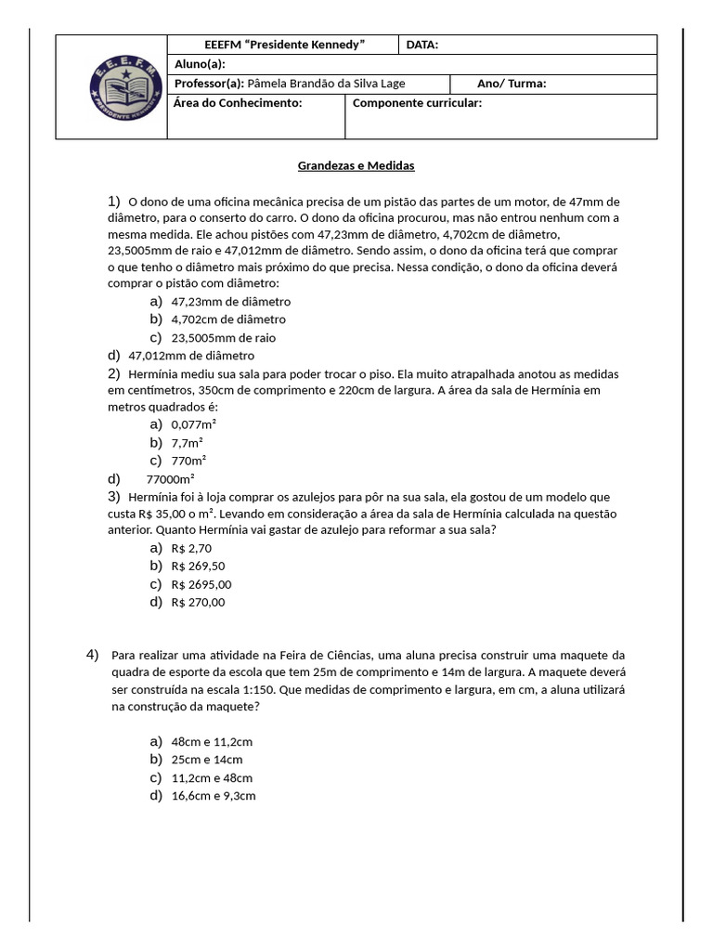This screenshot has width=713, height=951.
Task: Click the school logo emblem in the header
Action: [111, 87]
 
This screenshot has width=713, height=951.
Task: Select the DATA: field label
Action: [422, 45]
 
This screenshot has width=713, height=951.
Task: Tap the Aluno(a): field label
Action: [200, 64]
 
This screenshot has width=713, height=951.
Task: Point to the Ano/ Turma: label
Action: [512, 84]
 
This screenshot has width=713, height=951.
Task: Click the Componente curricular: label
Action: [417, 103]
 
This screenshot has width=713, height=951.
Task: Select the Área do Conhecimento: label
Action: [239, 103]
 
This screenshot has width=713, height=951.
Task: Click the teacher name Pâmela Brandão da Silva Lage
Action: [327, 84]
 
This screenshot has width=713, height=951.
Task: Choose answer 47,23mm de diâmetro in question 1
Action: [230, 302]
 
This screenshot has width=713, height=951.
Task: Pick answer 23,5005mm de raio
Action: [223, 338]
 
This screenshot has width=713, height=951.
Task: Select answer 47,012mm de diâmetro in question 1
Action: [191, 356]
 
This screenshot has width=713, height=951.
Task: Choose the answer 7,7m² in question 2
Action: [188, 443]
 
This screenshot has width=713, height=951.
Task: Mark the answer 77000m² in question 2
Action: [171, 479]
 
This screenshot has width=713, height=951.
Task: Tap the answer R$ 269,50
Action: [198, 566]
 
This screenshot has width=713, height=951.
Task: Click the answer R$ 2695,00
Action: [201, 584]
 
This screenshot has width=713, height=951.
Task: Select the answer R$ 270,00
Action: [198, 602]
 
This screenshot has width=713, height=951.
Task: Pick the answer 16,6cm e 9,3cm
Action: [214, 796]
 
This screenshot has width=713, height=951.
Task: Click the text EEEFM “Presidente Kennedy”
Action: [284, 45]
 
